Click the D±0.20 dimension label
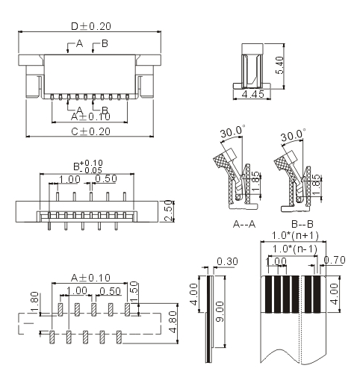click(91, 26)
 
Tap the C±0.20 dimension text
click(90, 131)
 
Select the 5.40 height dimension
click(280, 65)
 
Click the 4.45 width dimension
click(253, 94)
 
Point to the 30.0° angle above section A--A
click(232, 131)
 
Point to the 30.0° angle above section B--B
click(293, 135)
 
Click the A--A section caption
click(244, 224)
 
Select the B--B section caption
click(302, 224)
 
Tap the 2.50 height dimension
click(169, 211)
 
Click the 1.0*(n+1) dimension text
click(295, 235)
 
